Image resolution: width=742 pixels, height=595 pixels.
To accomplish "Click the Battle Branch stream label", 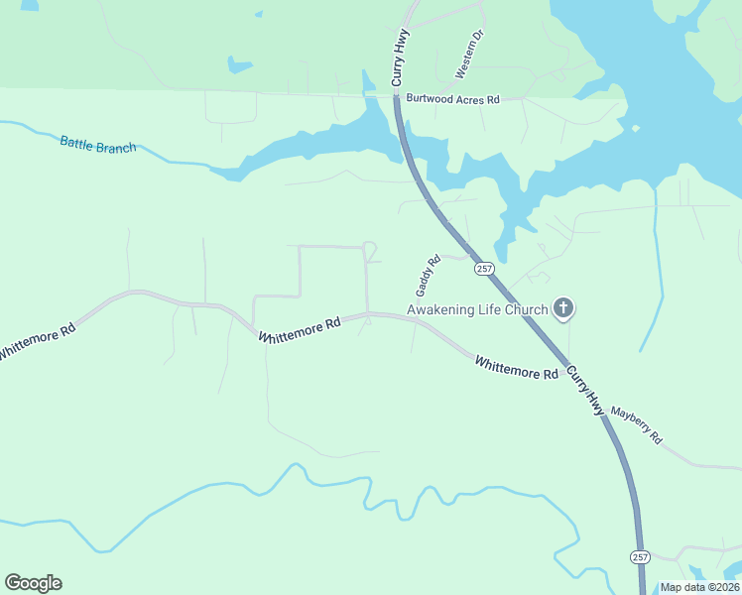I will [x=98, y=145].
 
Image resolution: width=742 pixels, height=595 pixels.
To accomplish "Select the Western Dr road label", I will [x=468, y=55].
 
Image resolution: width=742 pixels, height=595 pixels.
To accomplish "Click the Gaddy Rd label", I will [x=428, y=277].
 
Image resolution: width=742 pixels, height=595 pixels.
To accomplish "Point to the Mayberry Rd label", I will [x=636, y=424].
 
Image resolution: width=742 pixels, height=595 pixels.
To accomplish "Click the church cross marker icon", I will [x=563, y=308].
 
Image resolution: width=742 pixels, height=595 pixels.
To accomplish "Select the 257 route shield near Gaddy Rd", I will [x=483, y=269].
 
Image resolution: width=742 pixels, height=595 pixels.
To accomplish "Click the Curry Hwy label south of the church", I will [x=585, y=390].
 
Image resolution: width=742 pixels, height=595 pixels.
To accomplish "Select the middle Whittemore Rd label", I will [x=300, y=330].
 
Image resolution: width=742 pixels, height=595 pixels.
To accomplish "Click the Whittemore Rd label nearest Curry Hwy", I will [x=517, y=368].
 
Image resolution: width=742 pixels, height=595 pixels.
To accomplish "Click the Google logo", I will [x=33, y=583].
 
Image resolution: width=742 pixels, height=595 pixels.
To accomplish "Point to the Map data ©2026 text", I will [x=699, y=587].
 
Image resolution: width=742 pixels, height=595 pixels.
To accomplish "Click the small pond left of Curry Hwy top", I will [x=239, y=65].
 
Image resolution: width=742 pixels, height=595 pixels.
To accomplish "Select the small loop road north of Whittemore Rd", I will [x=370, y=251].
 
